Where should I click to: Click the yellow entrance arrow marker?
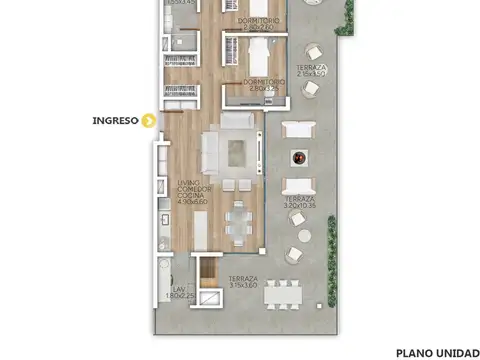click(149, 121)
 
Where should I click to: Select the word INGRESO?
click(115, 121)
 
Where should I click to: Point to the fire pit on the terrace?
click(298, 157)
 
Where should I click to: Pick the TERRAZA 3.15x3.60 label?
click(242, 282)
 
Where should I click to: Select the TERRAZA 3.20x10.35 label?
click(299, 202)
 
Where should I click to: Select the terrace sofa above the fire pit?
click(299, 128)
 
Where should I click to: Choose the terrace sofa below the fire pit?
click(298, 186)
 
